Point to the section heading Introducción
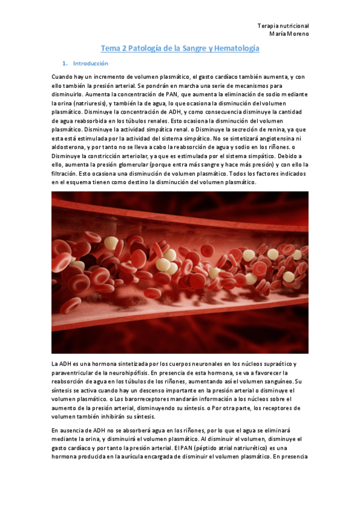pyautogui.click(x=90, y=63)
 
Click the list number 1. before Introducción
pyautogui.click(x=65, y=63)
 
